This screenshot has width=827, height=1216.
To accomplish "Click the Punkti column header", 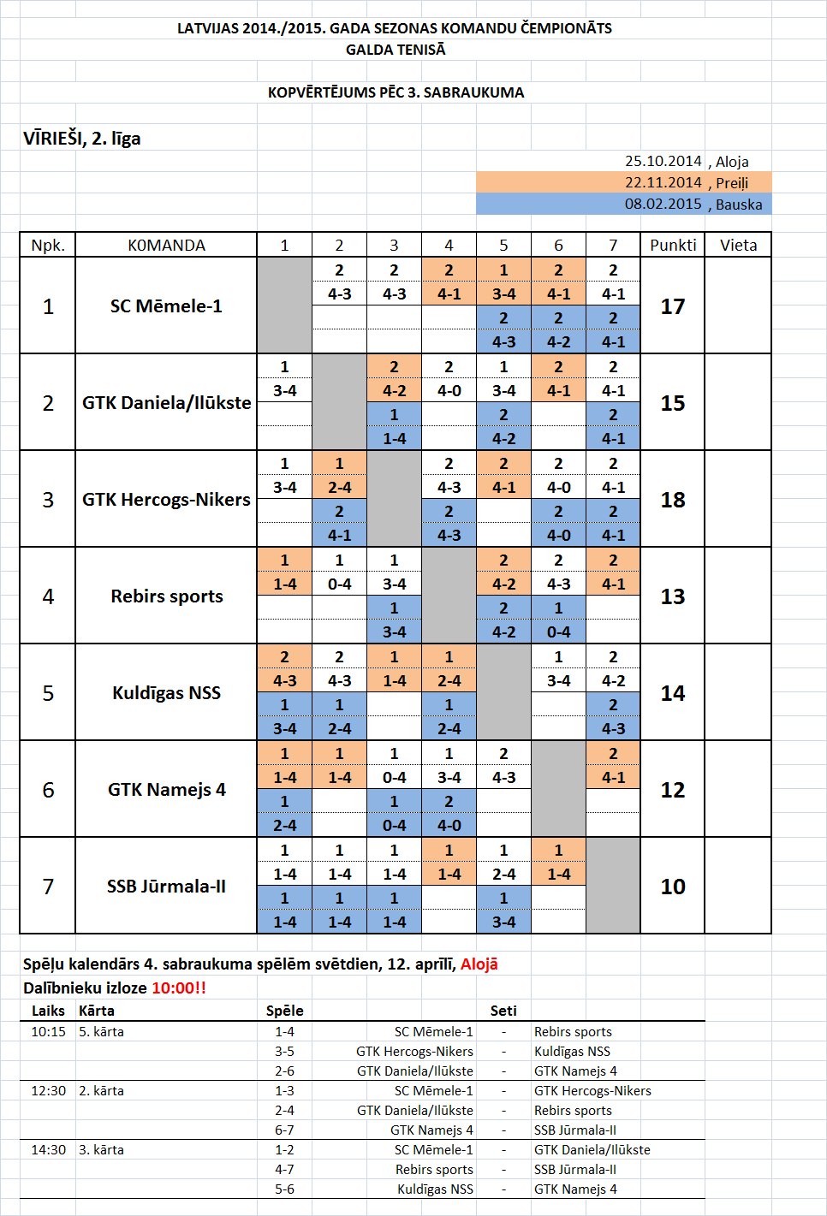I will pyautogui.click(x=673, y=246).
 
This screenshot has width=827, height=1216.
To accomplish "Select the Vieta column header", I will pyautogui.click(x=738, y=246).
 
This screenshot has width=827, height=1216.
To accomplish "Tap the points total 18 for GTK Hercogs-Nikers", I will pyautogui.click(x=673, y=500).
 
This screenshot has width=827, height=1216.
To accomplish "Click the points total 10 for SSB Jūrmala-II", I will pyautogui.click(x=673, y=887).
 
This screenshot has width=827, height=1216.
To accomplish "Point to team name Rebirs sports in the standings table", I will pyautogui.click(x=167, y=596).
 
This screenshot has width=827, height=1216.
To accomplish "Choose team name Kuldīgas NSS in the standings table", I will pyautogui.click(x=167, y=693).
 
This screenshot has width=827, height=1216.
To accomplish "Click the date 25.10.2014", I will pyautogui.click(x=663, y=161).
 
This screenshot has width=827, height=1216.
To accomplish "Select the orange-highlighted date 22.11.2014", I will pyautogui.click(x=663, y=182).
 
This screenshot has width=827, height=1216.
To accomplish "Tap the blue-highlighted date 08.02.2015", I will pyautogui.click(x=663, y=204).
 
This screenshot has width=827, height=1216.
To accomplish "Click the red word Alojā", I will pyautogui.click(x=479, y=964).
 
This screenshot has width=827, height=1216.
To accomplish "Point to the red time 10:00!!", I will pyautogui.click(x=179, y=988).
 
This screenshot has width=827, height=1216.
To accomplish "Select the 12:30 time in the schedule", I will pyautogui.click(x=48, y=1091).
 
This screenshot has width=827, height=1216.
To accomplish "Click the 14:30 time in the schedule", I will pyautogui.click(x=48, y=1150).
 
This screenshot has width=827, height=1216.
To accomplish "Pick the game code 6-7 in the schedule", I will pyautogui.click(x=284, y=1130).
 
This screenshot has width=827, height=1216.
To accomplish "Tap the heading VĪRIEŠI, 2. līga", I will pyautogui.click(x=82, y=139).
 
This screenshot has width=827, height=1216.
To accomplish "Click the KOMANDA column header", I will pyautogui.click(x=167, y=246).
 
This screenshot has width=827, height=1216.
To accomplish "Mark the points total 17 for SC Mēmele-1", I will pyautogui.click(x=673, y=306).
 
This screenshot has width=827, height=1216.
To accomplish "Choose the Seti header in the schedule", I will pyautogui.click(x=503, y=1011).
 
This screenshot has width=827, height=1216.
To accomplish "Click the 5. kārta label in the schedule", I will pyautogui.click(x=101, y=1032).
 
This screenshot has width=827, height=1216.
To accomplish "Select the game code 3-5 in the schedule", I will pyautogui.click(x=284, y=1052).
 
